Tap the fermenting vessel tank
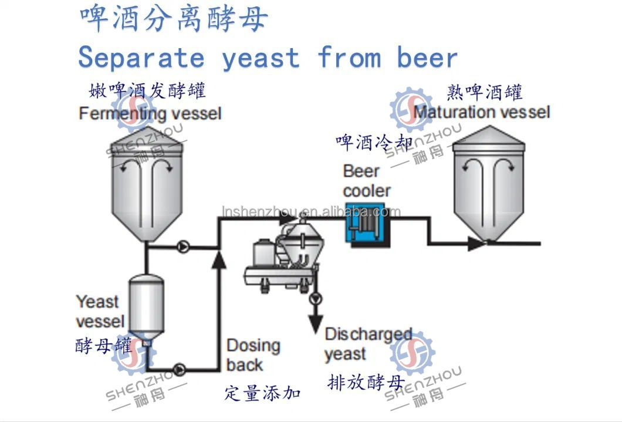click(147, 182)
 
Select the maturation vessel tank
click(489, 182)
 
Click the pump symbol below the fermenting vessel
click(184, 248)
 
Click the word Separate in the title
click(141, 58)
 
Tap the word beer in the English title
click(427, 58)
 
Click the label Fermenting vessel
click(150, 113)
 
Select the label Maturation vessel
click(482, 112)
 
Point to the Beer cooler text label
click(366, 181)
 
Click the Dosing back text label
click(253, 355)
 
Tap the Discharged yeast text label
click(368, 344)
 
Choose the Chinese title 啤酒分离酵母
click(174, 18)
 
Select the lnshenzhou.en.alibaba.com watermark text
click(311, 212)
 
